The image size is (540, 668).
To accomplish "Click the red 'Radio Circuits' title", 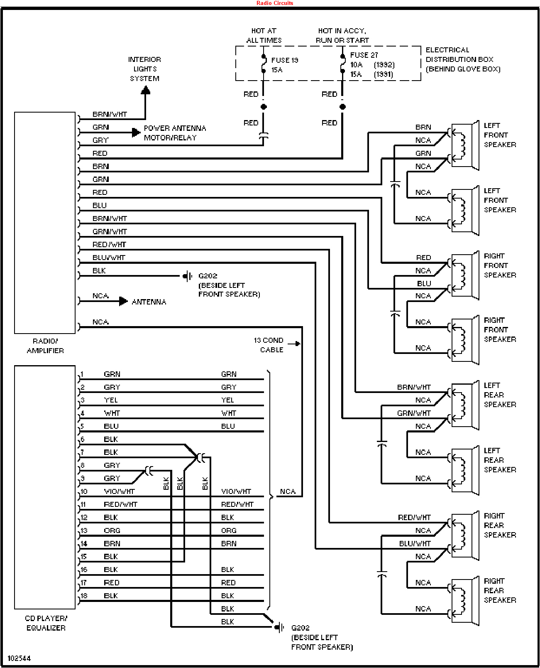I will click(x=274, y=3).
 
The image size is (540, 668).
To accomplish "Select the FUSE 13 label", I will click(x=284, y=60).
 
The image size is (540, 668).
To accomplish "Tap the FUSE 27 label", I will click(x=364, y=55).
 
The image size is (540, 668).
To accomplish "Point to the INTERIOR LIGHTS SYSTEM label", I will click(x=144, y=69).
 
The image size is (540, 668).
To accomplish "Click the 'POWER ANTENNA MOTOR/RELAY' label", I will click(x=175, y=133).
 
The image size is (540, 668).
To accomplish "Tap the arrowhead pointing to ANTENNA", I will click(x=123, y=301).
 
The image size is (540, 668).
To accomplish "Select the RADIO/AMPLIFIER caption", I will click(x=45, y=346).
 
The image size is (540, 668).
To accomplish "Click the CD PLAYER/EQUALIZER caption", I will click(x=46, y=623).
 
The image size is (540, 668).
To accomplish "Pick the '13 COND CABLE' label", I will click(x=269, y=345).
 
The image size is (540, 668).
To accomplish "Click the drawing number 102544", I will click(x=19, y=658).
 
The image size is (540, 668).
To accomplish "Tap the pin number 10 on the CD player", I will click(x=84, y=491).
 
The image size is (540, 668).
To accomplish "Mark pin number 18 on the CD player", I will click(x=84, y=596).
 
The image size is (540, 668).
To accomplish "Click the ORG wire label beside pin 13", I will click(x=112, y=530).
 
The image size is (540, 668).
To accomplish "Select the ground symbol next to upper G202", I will click(x=188, y=276).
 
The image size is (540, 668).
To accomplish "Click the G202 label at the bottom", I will click(x=300, y=628).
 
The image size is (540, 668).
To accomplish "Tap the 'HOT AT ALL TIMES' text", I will click(x=264, y=35).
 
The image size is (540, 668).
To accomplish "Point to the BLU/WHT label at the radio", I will click(x=108, y=258).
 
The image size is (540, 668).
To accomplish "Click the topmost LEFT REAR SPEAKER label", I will click(x=500, y=395).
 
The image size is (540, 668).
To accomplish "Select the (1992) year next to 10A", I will click(x=384, y=65).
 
